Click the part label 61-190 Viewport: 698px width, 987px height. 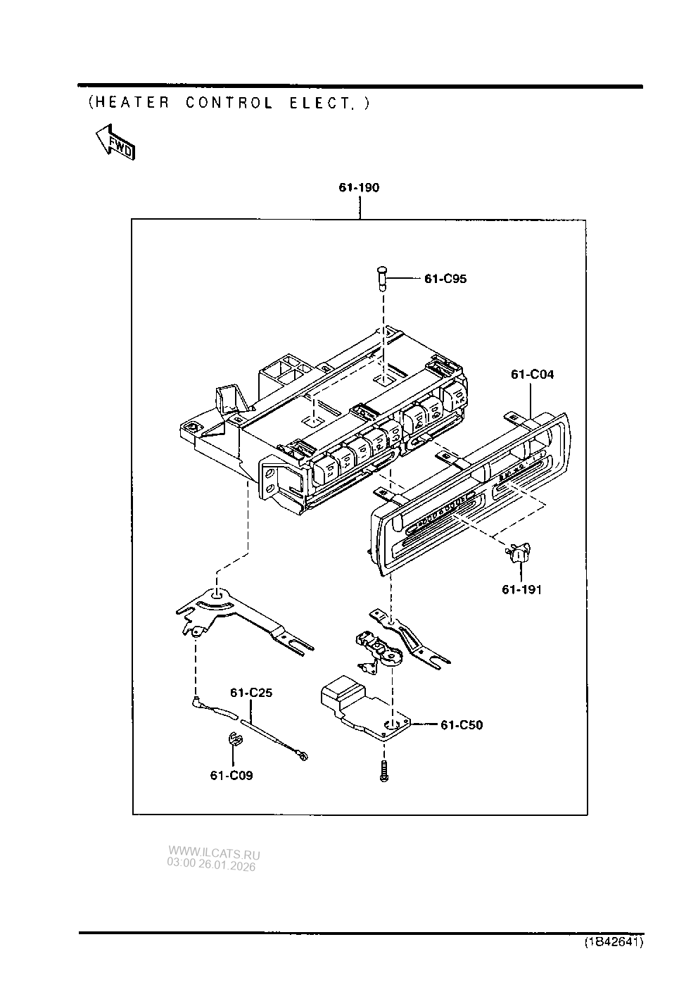(359, 188)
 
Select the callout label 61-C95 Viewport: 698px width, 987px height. (445, 279)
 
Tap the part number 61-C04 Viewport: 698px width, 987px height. (532, 375)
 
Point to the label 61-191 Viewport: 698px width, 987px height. (521, 589)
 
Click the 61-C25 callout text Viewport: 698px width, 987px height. (251, 693)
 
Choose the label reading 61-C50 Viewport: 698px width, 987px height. (462, 725)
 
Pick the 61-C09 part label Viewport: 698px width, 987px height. (231, 776)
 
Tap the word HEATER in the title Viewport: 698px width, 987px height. (132, 103)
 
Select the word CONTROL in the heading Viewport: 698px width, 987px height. (229, 103)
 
